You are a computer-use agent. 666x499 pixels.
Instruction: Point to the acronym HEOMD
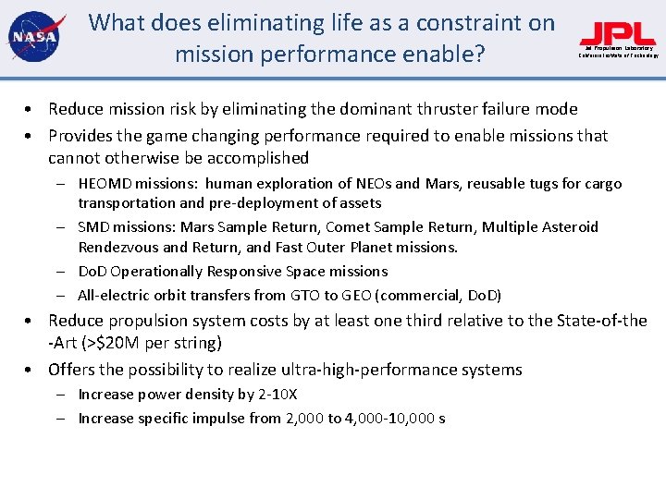[x=108, y=184]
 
